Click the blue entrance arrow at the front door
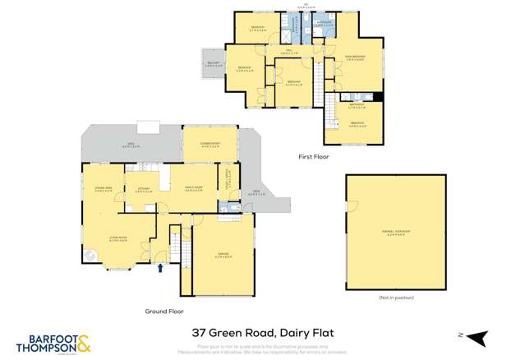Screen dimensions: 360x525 point(160,265)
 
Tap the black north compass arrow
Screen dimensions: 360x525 point(482,335)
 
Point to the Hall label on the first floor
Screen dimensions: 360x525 point(290,52)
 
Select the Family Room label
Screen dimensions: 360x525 point(194,189)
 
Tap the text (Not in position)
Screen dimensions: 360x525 point(395,296)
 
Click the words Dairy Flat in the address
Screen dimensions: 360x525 point(306,335)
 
